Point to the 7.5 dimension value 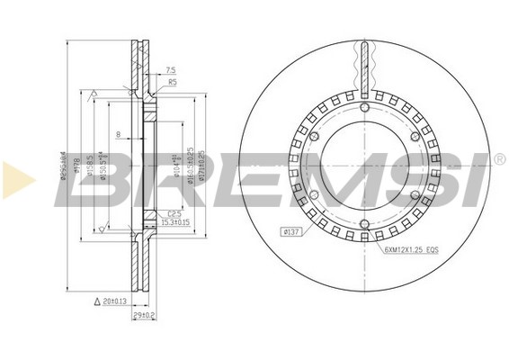(172, 69)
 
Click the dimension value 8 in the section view (118, 136)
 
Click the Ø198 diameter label (76, 166)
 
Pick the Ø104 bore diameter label (176, 162)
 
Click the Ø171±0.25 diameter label (203, 162)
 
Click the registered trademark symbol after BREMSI (499, 159)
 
